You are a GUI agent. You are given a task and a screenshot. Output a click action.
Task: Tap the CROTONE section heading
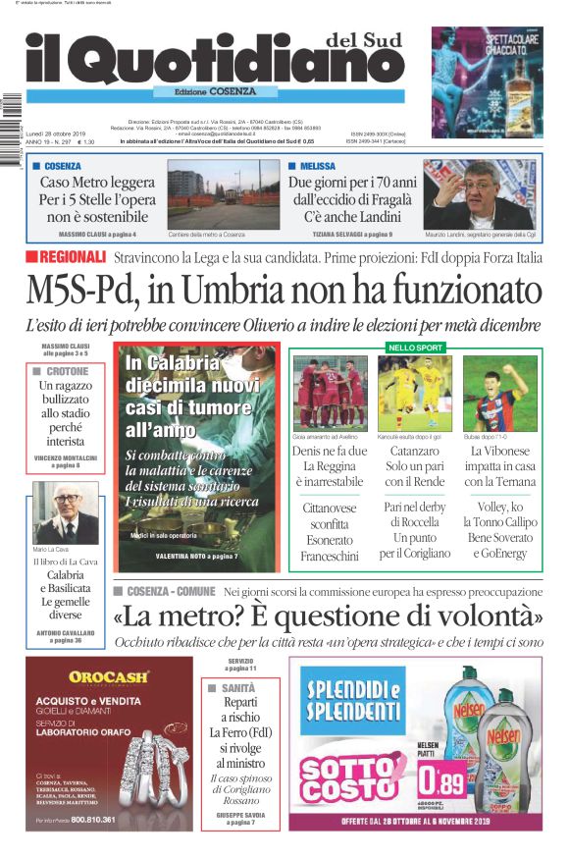coord(67,372)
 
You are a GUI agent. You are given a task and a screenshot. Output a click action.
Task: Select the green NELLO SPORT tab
coord(416,347)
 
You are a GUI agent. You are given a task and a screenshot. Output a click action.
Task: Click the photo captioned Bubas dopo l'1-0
coord(499,394)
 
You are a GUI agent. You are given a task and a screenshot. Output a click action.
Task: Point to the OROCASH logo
coord(109,676)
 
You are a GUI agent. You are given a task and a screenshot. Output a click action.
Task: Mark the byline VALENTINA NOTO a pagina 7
coord(196,557)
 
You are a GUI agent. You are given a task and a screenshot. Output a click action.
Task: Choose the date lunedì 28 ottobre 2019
coord(56,134)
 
